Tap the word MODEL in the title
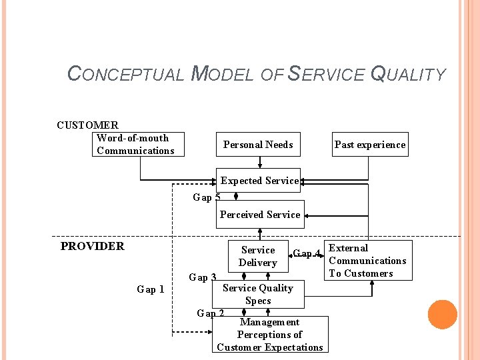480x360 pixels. [222, 74]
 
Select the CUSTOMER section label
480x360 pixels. [87, 125]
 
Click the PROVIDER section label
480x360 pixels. [92, 246]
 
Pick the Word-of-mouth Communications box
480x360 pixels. [138, 145]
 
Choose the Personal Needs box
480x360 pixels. [257, 145]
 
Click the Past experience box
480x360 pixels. [369, 145]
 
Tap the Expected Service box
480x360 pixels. [259, 181]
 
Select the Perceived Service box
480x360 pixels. [259, 215]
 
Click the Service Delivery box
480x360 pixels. [257, 256]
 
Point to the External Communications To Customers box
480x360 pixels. [367, 261]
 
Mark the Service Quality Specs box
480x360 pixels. [258, 294]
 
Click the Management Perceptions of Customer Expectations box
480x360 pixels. [270, 335]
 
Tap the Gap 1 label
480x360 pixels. [150, 289]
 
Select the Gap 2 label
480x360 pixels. [210, 313]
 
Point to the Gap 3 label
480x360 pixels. [202, 277]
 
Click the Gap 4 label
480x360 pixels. [307, 253]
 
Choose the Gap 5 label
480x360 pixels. [206, 197]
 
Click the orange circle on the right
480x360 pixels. [442, 315]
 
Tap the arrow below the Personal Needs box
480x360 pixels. [259, 163]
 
